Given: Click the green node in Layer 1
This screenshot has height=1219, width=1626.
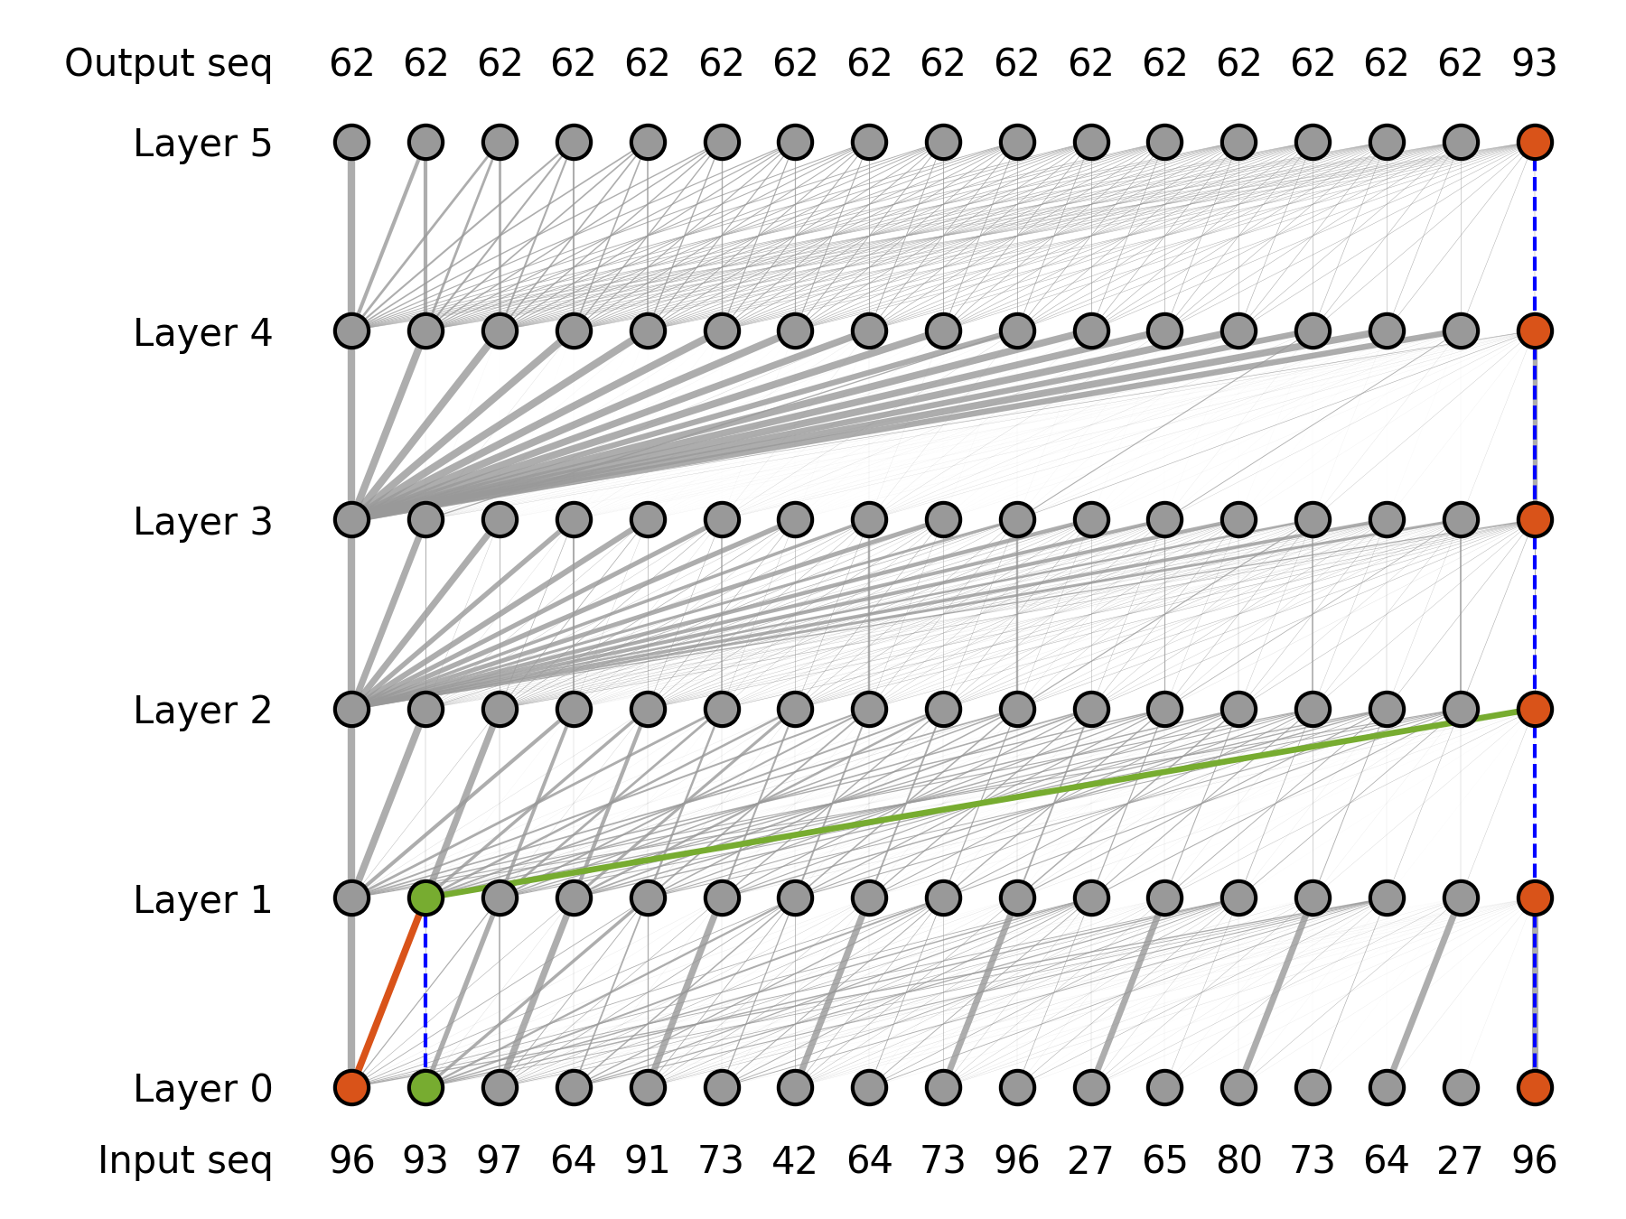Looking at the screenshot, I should [x=425, y=898].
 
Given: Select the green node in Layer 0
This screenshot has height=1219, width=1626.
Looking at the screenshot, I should [x=425, y=1087].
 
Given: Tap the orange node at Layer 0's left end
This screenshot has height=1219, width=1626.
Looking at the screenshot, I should [x=351, y=1087].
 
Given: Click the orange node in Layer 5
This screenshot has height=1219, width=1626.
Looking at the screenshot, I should [x=1535, y=142].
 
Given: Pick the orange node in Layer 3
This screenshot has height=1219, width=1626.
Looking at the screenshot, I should [x=1535, y=519].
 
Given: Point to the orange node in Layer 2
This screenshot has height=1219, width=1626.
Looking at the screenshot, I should [x=1535, y=709].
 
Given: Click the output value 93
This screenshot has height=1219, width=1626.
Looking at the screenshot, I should [x=1535, y=63].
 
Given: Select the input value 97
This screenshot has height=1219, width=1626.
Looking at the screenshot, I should [x=500, y=1160].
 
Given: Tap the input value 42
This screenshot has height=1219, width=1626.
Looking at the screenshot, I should [x=795, y=1160].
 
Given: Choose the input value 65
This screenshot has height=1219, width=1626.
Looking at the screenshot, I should [x=1164, y=1160].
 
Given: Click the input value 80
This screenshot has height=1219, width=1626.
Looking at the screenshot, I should [x=1238, y=1160].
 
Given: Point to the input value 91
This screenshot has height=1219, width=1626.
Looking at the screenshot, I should [x=647, y=1160].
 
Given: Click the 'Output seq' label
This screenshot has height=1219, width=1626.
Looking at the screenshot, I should [x=168, y=63].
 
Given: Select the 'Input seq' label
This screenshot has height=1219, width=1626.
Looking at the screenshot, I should [x=184, y=1160].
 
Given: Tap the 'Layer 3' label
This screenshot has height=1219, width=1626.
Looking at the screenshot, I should [x=202, y=522].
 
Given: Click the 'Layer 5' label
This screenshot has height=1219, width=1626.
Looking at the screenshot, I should [x=202, y=144].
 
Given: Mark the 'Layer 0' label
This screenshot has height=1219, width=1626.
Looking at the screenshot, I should [x=202, y=1089].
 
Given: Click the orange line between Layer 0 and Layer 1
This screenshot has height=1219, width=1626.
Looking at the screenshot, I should [x=388, y=992].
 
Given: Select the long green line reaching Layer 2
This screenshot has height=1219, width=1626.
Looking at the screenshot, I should [x=980, y=803].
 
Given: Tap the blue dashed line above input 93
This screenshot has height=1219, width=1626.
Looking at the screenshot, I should [x=425, y=993].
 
